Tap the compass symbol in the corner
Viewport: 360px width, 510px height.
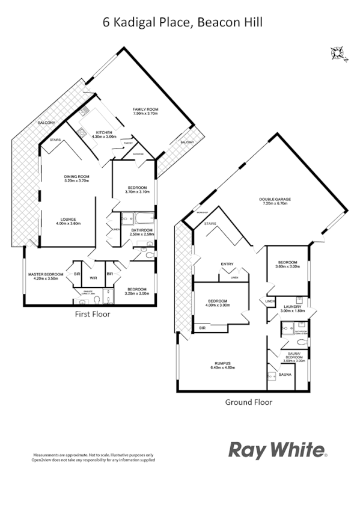click(337, 54)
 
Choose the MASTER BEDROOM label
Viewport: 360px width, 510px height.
click(46, 275)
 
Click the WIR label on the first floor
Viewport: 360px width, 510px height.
click(93, 278)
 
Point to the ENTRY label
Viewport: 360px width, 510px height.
click(227, 263)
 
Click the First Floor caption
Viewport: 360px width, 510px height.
click(92, 313)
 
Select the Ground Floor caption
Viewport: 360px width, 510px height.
click(248, 402)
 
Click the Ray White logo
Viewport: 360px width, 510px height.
click(277, 449)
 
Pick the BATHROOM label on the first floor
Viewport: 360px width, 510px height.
click(142, 230)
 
